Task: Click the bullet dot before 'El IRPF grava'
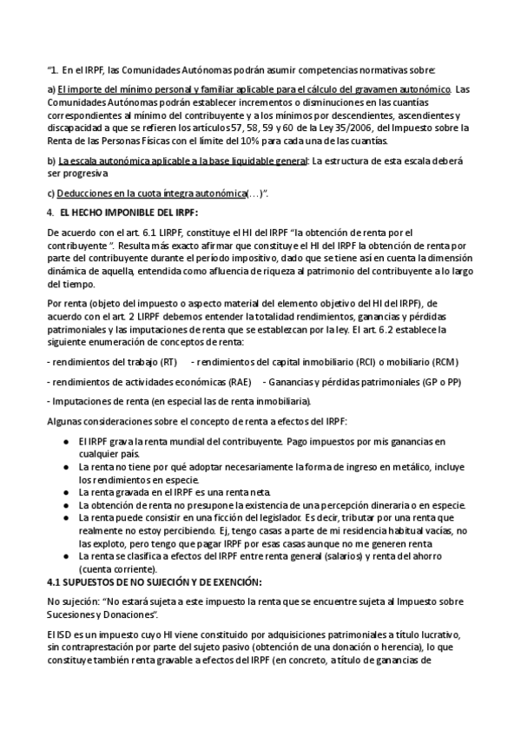click(x=67, y=441)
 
